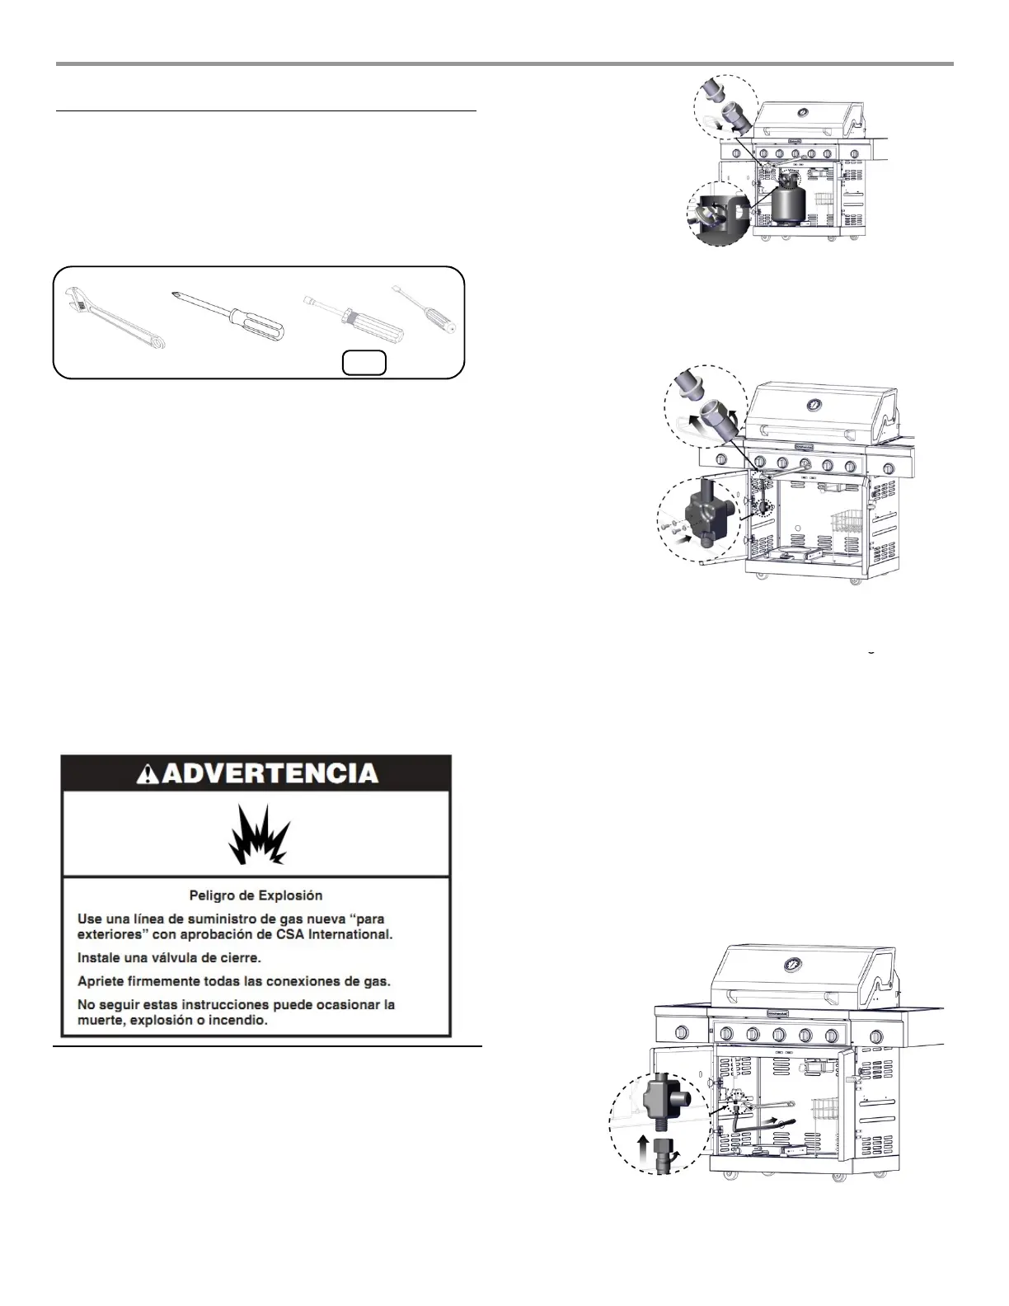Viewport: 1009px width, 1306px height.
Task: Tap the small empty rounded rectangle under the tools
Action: point(364,363)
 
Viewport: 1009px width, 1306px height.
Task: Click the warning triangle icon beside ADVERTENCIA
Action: point(148,773)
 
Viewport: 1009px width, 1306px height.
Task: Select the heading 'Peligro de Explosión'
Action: point(256,895)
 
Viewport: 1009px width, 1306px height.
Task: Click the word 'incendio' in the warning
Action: point(243,1020)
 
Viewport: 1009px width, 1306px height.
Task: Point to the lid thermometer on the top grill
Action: point(803,113)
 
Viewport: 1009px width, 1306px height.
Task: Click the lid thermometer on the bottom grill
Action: point(795,962)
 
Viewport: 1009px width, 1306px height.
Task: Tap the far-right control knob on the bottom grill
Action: point(876,1036)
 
